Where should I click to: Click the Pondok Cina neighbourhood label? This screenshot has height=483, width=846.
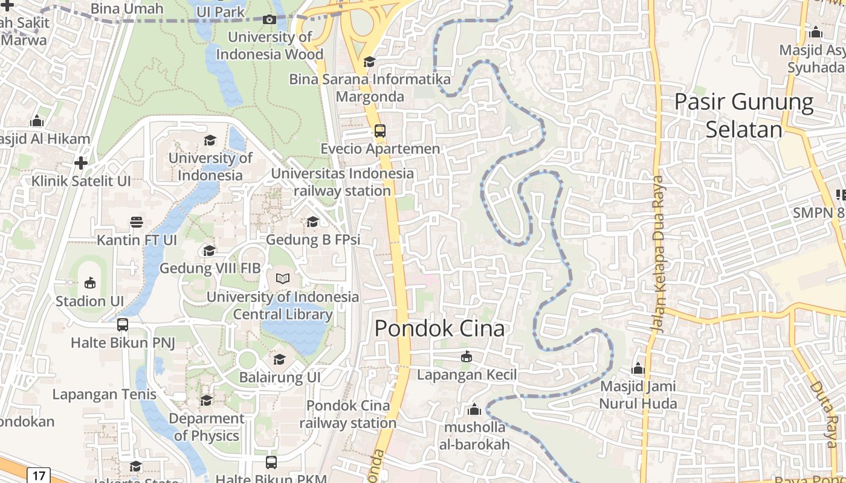[439, 328]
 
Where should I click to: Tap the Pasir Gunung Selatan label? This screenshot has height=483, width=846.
[744, 115]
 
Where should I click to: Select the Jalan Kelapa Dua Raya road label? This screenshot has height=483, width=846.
[658, 254]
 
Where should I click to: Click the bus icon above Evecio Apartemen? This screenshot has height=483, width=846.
[379, 130]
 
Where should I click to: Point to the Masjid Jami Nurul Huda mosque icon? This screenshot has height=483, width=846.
[638, 368]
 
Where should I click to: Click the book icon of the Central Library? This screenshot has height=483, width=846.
[283, 278]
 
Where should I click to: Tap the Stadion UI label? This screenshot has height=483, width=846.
[89, 301]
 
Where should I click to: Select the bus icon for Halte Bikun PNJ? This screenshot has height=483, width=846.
[123, 325]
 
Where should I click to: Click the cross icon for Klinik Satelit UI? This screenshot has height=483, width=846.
[81, 163]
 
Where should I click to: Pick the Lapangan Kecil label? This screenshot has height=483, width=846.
[467, 375]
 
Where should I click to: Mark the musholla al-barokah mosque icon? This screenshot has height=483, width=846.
[474, 410]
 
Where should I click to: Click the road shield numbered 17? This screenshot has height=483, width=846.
[39, 476]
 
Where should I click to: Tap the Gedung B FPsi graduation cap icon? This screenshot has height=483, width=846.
[312, 222]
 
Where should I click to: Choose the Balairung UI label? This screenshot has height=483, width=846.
[280, 377]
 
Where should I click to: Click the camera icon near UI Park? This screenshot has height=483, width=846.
[270, 19]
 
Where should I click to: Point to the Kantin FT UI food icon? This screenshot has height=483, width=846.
[137, 222]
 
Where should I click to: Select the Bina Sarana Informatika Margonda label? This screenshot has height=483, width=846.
[370, 88]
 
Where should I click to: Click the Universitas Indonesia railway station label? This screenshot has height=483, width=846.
[343, 182]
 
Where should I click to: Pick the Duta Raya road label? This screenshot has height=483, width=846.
[823, 413]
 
